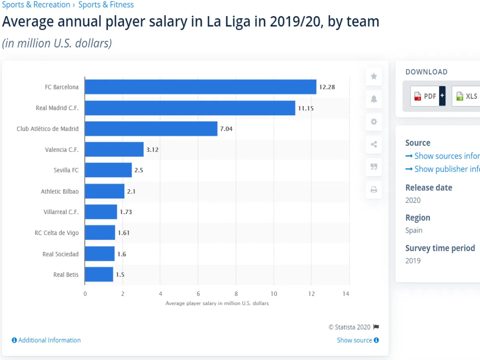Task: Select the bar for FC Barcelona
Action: click(x=200, y=87)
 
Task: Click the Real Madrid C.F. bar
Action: click(x=190, y=108)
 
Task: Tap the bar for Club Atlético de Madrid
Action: click(x=151, y=129)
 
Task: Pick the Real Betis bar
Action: click(x=99, y=275)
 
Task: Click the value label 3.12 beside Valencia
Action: click(x=153, y=150)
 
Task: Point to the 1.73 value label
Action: click(x=126, y=212)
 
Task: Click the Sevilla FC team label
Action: click(x=66, y=170)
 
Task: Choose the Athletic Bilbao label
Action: click(x=60, y=192)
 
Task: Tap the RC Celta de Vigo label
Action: click(x=56, y=233)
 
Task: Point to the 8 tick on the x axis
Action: click(x=236, y=294)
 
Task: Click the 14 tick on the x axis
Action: click(x=346, y=294)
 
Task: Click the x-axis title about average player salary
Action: click(x=217, y=304)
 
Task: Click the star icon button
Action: click(x=374, y=76)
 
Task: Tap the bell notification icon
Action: click(x=374, y=99)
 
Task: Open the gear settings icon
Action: click(x=374, y=122)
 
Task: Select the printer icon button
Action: click(x=374, y=190)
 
